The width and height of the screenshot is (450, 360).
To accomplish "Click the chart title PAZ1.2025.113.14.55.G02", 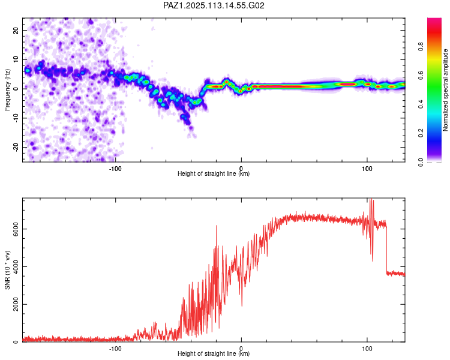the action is (214, 5).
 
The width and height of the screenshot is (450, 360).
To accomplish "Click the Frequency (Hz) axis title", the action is (7, 90).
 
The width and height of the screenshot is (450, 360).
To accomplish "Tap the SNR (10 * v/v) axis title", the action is (7, 270).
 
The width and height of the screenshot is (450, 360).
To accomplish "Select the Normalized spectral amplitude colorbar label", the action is (445, 90).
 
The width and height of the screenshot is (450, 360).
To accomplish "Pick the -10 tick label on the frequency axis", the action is (16, 118).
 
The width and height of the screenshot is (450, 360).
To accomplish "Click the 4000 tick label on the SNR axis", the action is (16, 266).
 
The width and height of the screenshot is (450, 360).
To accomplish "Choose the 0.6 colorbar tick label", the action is (421, 75).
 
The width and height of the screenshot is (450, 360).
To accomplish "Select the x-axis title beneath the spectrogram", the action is (214, 173).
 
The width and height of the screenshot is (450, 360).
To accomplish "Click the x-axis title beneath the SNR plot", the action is (214, 353).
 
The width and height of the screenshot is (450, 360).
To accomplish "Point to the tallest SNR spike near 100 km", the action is (371, 199).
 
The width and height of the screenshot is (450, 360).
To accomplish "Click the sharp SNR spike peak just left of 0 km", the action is (217, 226).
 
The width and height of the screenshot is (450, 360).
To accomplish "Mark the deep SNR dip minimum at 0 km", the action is (242, 306).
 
